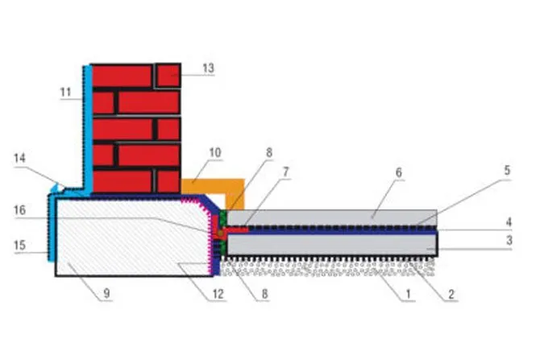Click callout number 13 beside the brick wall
point(208,68)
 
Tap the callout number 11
point(65,93)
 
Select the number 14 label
point(19,158)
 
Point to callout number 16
point(19,209)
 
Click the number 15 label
point(19,245)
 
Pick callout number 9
point(106,294)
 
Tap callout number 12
point(218,294)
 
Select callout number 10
point(215,152)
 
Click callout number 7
point(286,172)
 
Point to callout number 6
point(399,172)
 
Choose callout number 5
point(507,171)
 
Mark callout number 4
point(509,222)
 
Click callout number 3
point(509,240)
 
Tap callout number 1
point(409,294)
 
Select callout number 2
point(451,294)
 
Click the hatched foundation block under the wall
point(131,238)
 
